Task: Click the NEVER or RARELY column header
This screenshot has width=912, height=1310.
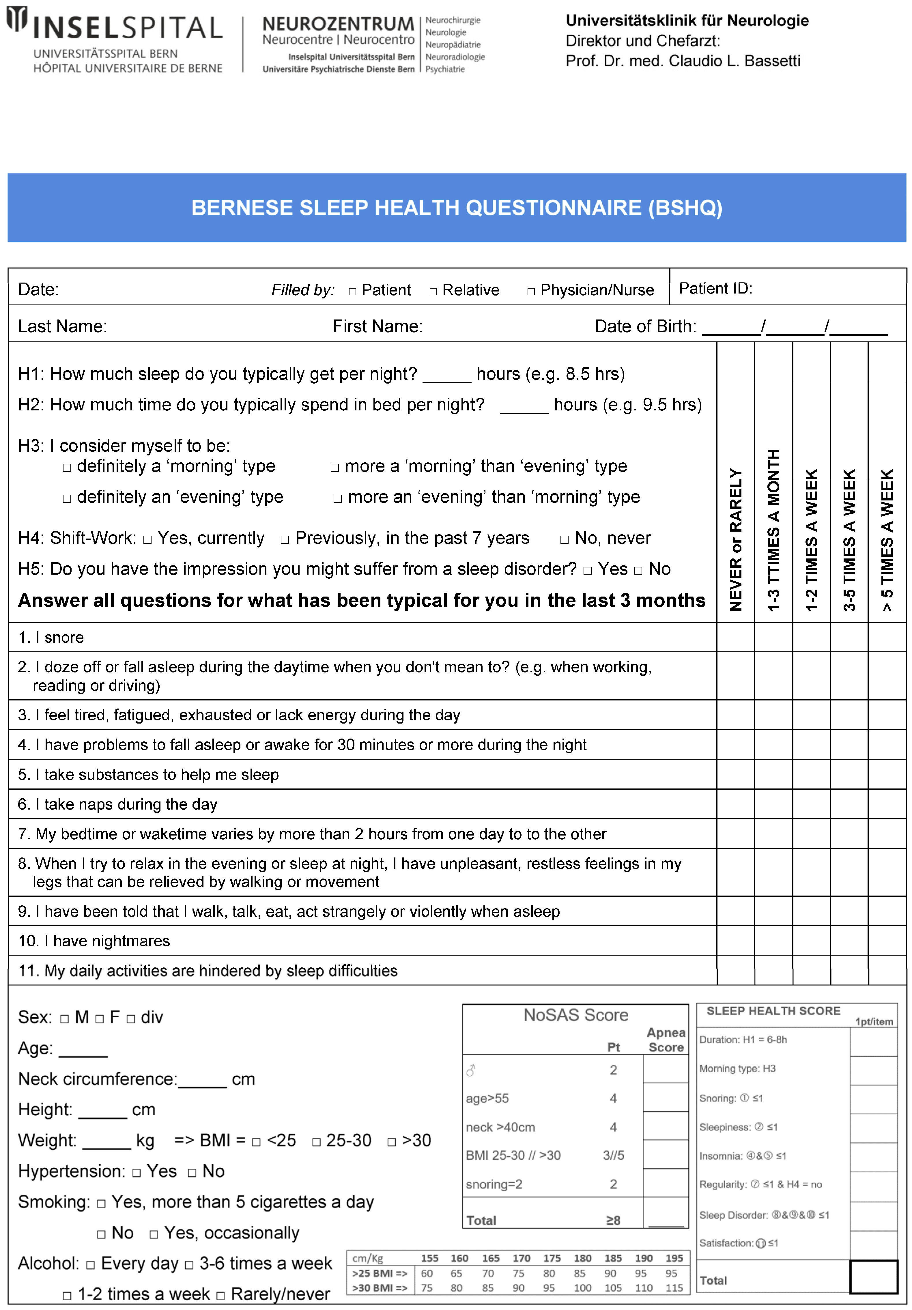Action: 736,539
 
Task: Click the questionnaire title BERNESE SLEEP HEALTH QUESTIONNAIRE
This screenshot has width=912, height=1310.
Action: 457,208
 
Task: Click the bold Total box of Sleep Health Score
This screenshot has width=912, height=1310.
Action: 873,1277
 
